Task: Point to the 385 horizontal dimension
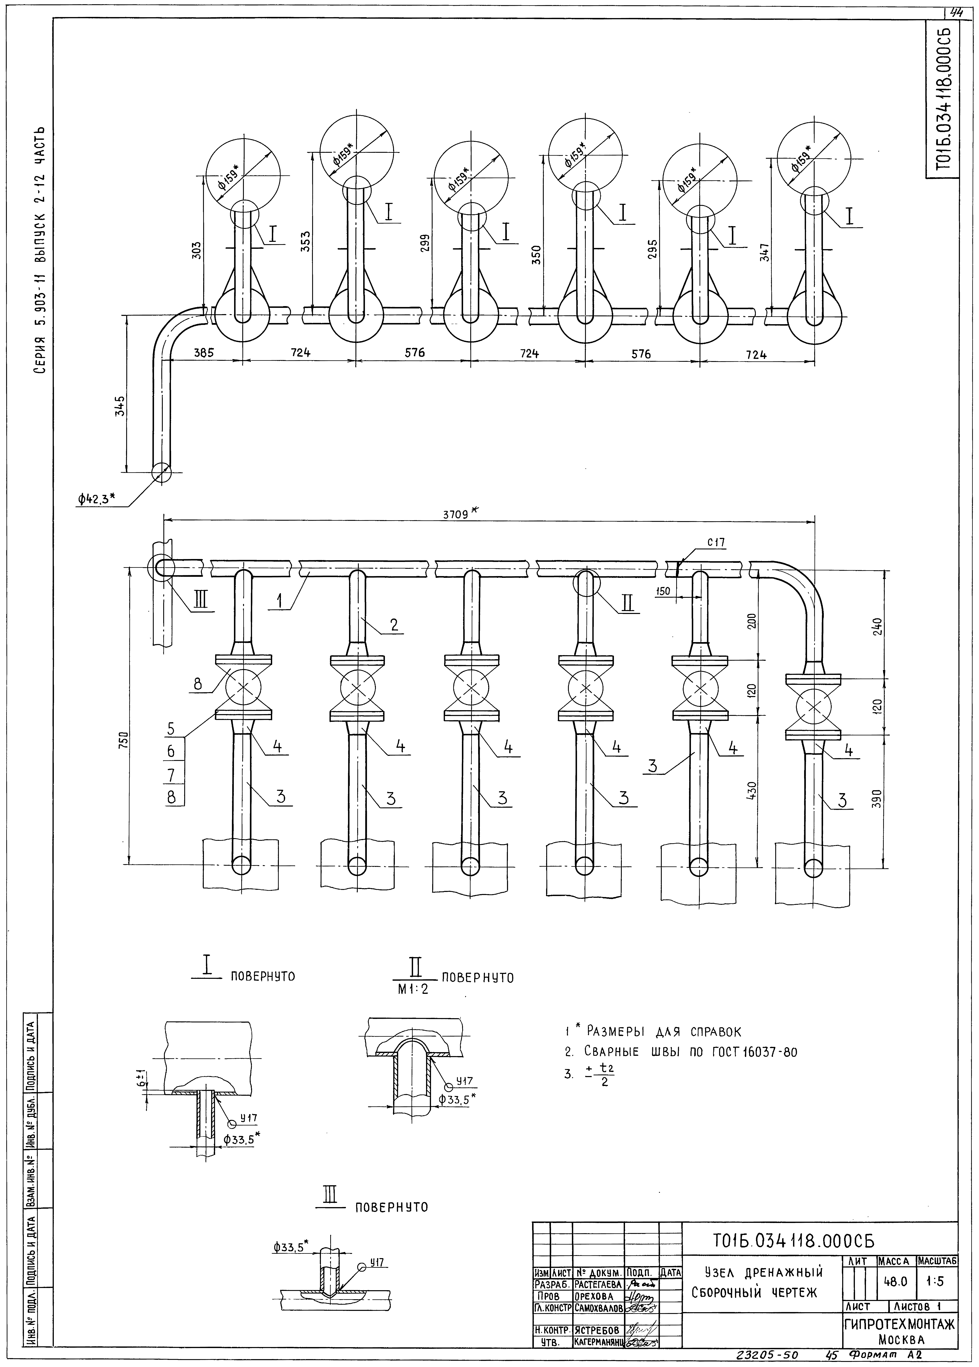tap(204, 354)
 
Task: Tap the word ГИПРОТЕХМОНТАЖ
tap(899, 1324)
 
